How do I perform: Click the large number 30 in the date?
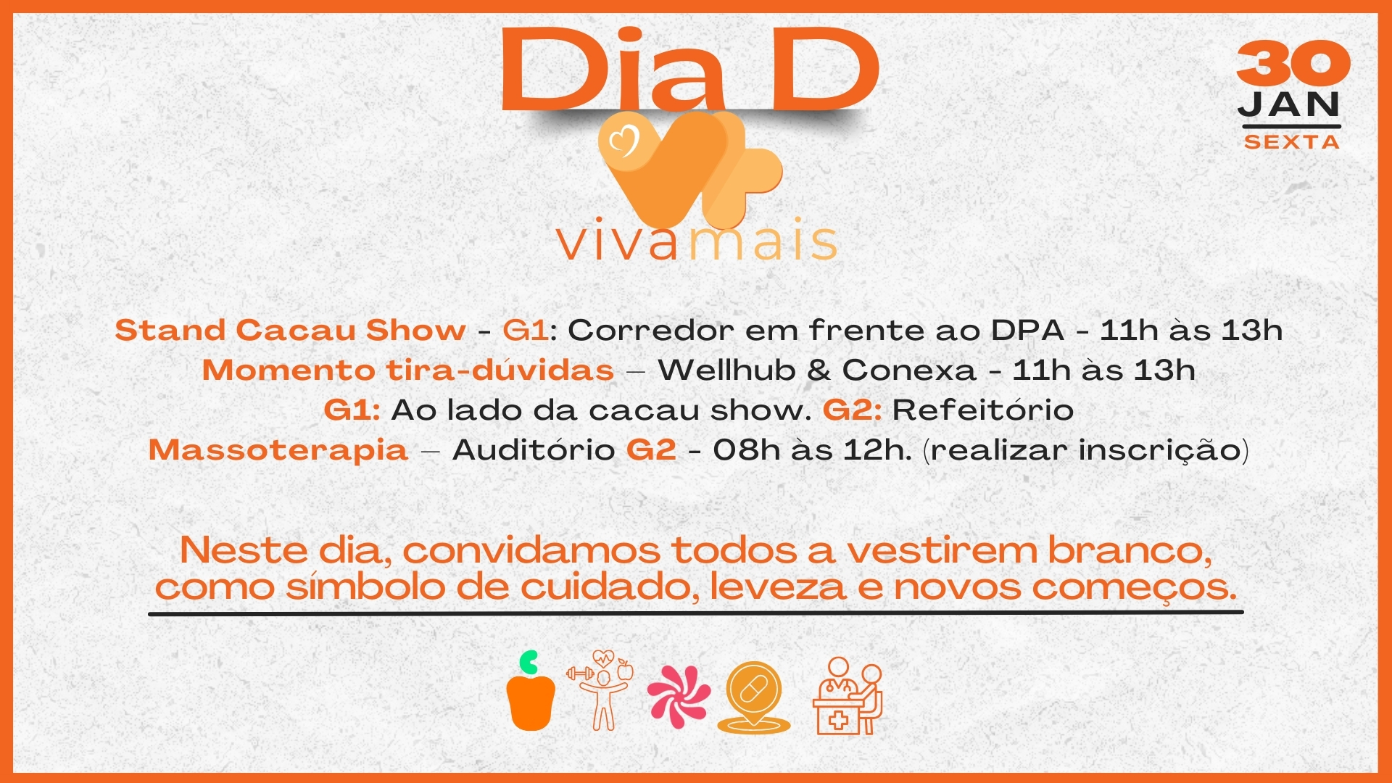(x=1293, y=63)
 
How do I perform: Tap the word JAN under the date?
(x=1289, y=105)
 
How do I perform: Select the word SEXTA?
(x=1291, y=142)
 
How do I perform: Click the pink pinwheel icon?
(x=679, y=696)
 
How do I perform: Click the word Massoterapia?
(x=278, y=449)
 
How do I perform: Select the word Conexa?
(x=909, y=370)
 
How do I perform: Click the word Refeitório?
(x=982, y=410)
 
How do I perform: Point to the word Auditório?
(x=534, y=449)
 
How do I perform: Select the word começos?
(x=1135, y=588)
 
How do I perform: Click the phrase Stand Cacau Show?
(x=290, y=331)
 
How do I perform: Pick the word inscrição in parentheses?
(x=1159, y=450)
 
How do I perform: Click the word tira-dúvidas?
(x=500, y=370)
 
